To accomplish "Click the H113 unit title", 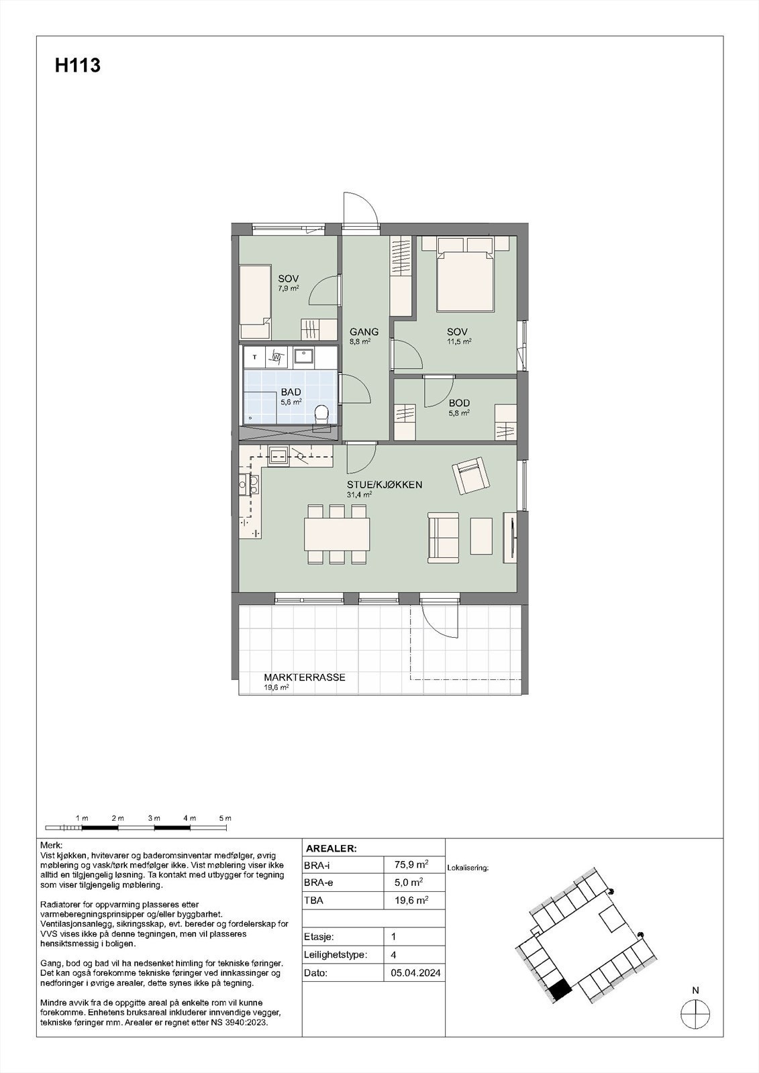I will click(78, 66).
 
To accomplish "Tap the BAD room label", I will click(291, 392).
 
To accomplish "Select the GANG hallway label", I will click(364, 331).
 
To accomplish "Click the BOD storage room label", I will click(459, 403).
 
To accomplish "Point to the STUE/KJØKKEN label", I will click(384, 484).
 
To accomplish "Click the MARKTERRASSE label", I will click(304, 677).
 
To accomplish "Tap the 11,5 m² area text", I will click(460, 341).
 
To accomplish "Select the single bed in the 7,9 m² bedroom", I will click(256, 302).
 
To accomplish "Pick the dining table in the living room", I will click(337, 534).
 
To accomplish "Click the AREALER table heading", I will click(331, 848).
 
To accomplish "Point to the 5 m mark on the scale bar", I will click(225, 818).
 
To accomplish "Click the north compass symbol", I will click(695, 1013).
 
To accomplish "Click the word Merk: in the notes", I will click(52, 846).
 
